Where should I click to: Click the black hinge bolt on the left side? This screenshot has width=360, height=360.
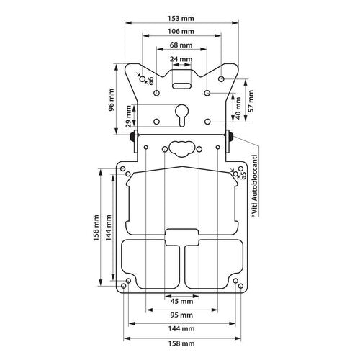132,137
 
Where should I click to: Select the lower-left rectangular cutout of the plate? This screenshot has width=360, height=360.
148,262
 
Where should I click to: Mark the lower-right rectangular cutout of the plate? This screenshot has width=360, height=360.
213,262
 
